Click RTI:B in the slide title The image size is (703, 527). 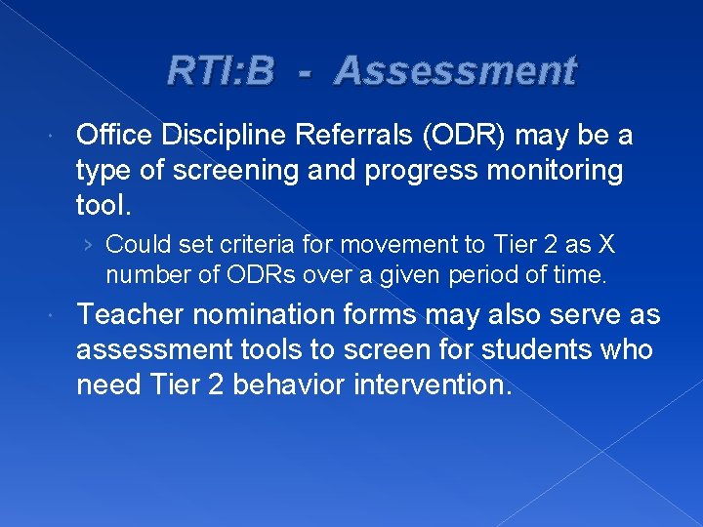coord(220,71)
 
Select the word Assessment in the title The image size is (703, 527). coord(455,71)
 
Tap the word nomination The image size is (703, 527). coord(250,314)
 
